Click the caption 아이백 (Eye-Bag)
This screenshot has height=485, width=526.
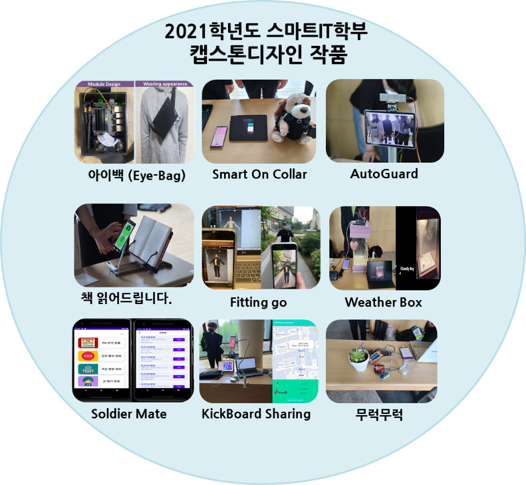tap(133, 176)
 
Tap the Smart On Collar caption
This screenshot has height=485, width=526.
tap(260, 175)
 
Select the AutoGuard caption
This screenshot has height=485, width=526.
tap(384, 174)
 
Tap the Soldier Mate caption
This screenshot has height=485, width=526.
tap(129, 413)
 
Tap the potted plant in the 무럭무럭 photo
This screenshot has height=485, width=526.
tap(359, 358)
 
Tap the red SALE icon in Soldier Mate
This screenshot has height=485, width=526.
tap(89, 356)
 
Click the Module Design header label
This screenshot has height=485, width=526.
tap(103, 84)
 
